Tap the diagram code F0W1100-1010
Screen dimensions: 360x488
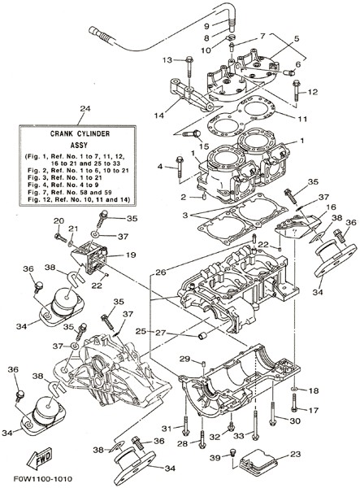(x=42, y=479)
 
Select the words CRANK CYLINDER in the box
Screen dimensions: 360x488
(x=80, y=134)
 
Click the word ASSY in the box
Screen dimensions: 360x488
(x=79, y=145)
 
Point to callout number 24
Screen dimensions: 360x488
(x=85, y=109)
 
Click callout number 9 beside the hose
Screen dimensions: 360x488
(x=207, y=26)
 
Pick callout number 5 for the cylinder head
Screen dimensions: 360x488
(x=297, y=38)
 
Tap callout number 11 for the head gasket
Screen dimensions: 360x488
(x=302, y=120)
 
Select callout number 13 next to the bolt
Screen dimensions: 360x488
(x=167, y=59)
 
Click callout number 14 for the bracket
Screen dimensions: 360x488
(x=158, y=115)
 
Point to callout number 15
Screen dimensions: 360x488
(x=204, y=146)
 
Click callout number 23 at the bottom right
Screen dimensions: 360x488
(x=296, y=454)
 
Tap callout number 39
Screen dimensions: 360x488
(x=215, y=457)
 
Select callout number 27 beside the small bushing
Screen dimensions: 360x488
(x=161, y=333)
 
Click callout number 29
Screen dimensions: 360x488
(x=185, y=359)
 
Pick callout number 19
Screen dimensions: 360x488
(x=131, y=255)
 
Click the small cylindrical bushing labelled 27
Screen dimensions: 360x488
(x=202, y=336)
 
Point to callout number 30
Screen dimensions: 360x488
(x=295, y=420)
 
